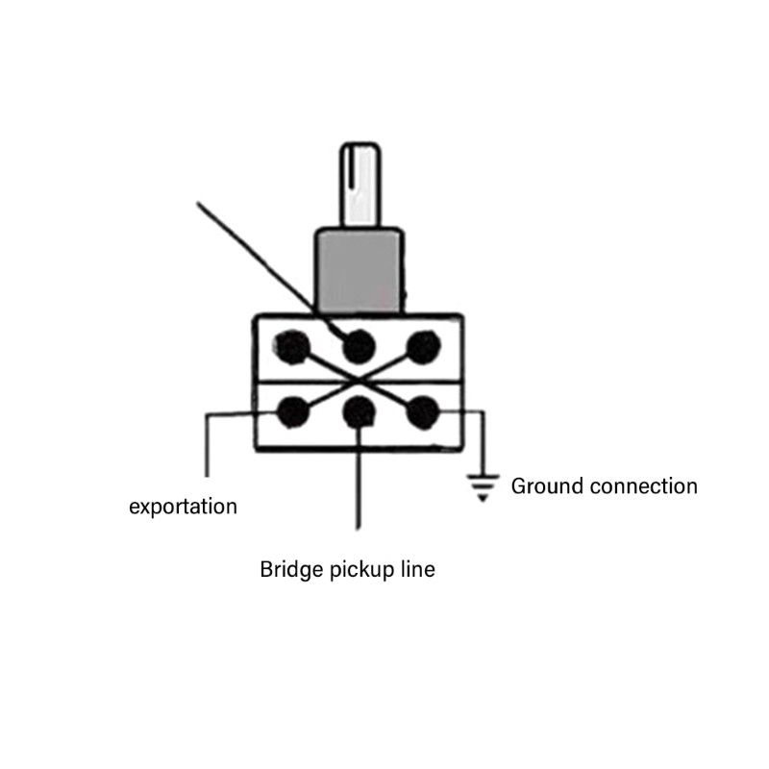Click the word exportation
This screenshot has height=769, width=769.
tap(183, 507)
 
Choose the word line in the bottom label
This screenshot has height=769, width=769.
tap(418, 569)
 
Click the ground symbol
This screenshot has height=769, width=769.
tap(483, 487)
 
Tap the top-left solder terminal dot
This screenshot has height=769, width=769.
tap(292, 347)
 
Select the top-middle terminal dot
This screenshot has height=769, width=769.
tap(359, 346)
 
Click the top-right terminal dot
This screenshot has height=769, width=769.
tap(424, 347)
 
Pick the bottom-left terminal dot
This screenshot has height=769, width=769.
tap(293, 412)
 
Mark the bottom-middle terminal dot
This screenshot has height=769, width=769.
tap(359, 412)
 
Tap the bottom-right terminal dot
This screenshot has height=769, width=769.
tap(423, 412)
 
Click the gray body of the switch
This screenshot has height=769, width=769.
tap(360, 271)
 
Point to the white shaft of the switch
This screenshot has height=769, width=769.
tap(360, 185)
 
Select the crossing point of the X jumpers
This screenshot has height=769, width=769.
tap(359, 379)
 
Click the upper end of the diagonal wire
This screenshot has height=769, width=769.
tap(198, 203)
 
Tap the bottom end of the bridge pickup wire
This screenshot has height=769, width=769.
tap(359, 529)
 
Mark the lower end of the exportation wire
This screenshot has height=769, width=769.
tap(207, 476)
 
